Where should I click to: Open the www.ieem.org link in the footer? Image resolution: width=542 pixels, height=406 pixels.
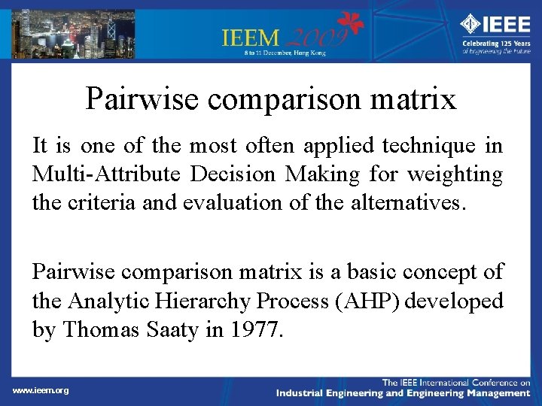41,390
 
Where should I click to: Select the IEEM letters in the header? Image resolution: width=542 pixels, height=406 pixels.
251,37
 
